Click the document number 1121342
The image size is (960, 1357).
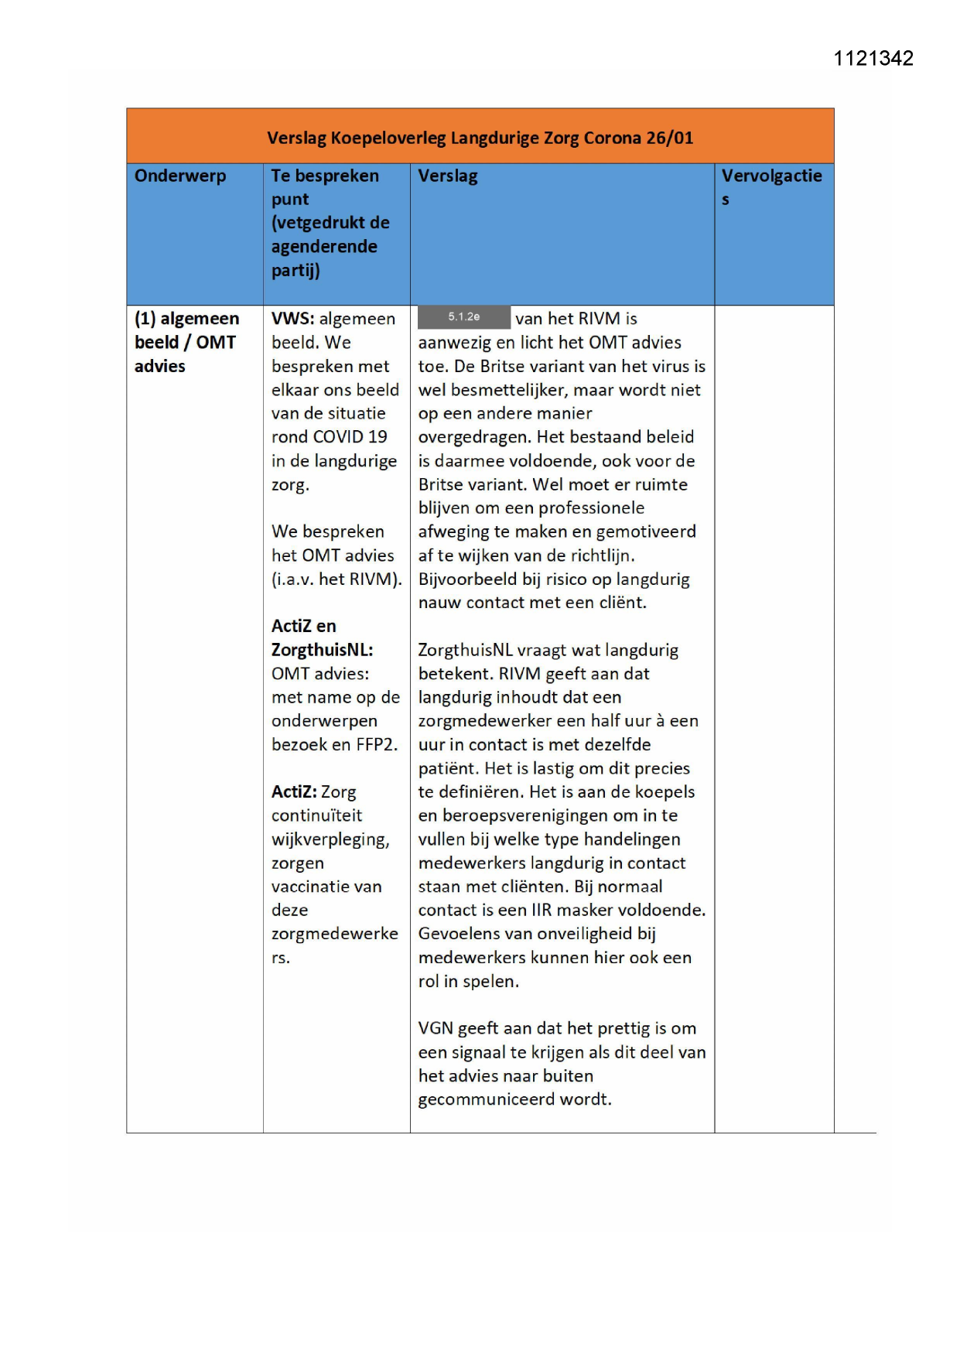(x=873, y=59)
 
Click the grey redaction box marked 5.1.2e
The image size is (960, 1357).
(x=463, y=317)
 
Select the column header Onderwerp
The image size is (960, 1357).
(x=180, y=176)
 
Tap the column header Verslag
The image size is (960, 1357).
(x=448, y=176)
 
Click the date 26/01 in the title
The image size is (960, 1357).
(x=670, y=138)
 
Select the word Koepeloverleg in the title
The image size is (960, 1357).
(x=388, y=138)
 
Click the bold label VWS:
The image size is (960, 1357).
(x=292, y=319)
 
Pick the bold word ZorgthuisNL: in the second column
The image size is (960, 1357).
(x=322, y=650)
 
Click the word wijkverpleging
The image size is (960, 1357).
(x=330, y=839)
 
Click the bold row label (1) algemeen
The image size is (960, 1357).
(x=186, y=319)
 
